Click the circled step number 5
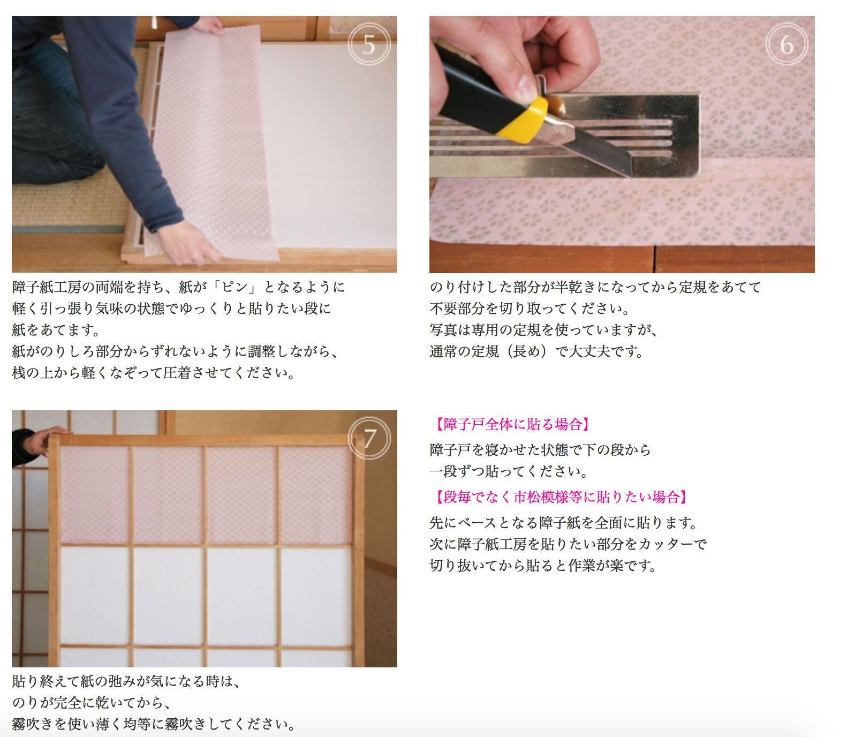pos(368,44)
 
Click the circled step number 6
pos(786,44)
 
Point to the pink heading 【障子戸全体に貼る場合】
pos(512,425)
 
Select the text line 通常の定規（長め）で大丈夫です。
pos(536,352)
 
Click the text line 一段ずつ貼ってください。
pos(509,472)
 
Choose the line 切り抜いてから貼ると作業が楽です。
pos(543,566)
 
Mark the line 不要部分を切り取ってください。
pos(530,309)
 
